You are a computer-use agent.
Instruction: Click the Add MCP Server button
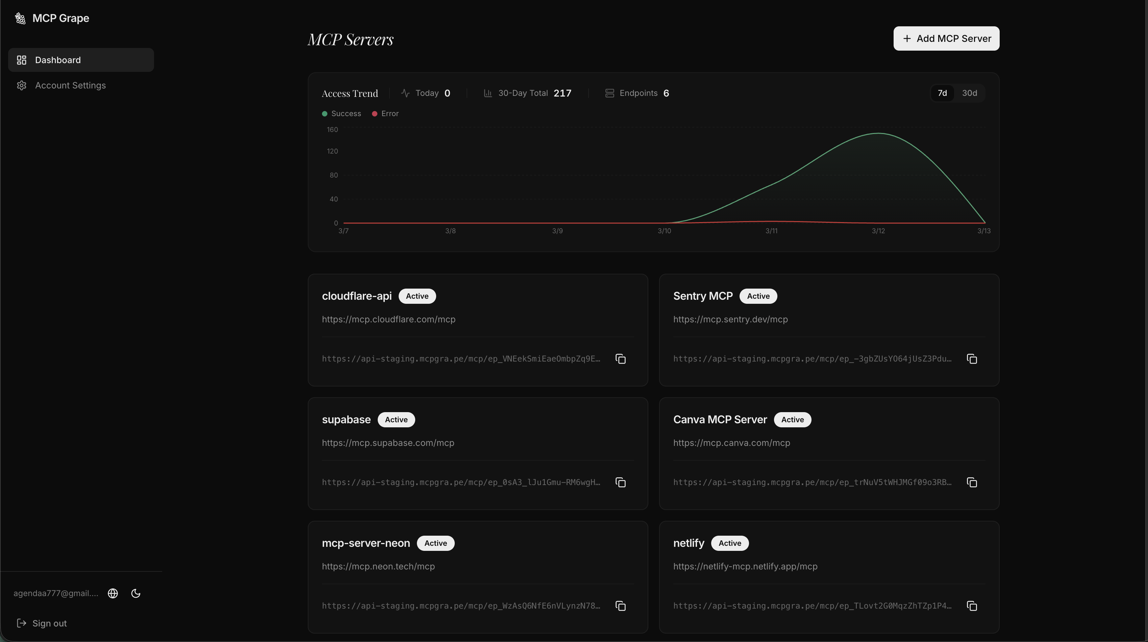[x=946, y=38]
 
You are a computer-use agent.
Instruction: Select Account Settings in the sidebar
[x=70, y=85]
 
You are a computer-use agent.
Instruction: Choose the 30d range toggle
[x=969, y=93]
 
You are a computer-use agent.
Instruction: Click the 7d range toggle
[x=942, y=93]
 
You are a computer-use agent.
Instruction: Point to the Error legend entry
[x=385, y=113]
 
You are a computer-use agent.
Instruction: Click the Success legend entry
[x=342, y=113]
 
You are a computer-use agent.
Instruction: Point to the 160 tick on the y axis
[x=332, y=130]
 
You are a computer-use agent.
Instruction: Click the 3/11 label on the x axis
[x=771, y=231]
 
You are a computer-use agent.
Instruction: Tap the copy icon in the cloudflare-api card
[x=620, y=359]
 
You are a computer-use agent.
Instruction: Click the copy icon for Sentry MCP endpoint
[x=972, y=359]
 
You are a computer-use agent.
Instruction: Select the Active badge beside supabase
[x=396, y=419]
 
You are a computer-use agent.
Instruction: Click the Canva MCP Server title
[x=720, y=419]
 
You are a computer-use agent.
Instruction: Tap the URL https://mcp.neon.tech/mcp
[x=378, y=566]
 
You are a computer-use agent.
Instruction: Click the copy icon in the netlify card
[x=972, y=606]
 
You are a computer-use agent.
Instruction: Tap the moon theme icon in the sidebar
[x=136, y=593]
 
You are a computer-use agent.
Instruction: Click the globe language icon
[x=113, y=593]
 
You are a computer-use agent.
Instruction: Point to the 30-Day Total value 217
[x=562, y=93]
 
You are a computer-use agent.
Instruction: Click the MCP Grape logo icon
[x=20, y=18]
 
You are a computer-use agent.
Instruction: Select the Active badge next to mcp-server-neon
[x=435, y=543]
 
